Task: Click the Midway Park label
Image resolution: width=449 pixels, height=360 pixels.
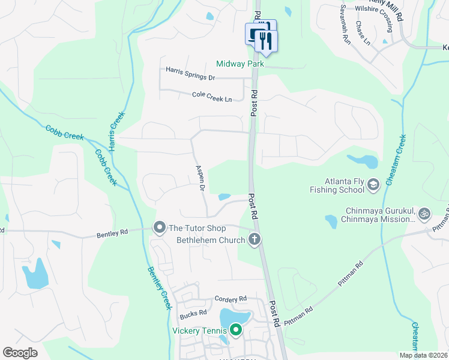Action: click(241, 64)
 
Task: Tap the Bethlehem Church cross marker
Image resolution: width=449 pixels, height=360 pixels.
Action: click(255, 240)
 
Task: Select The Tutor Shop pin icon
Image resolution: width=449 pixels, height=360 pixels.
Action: click(160, 228)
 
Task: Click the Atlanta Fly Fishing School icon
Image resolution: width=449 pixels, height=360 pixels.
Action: click(373, 184)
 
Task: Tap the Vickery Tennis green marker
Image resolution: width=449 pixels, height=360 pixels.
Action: click(236, 330)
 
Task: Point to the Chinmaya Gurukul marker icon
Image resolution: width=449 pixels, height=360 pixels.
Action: click(424, 213)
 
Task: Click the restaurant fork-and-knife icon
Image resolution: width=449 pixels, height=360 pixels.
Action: click(265, 41)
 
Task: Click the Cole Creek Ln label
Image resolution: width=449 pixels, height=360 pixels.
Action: click(212, 95)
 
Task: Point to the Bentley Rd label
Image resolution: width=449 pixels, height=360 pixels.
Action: click(112, 233)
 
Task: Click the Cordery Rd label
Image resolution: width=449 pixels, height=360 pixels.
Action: click(231, 299)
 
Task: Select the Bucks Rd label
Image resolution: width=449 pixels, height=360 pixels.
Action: click(193, 313)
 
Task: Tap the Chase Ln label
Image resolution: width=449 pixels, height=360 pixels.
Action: click(363, 34)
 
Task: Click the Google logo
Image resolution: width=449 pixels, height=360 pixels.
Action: click(20, 353)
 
